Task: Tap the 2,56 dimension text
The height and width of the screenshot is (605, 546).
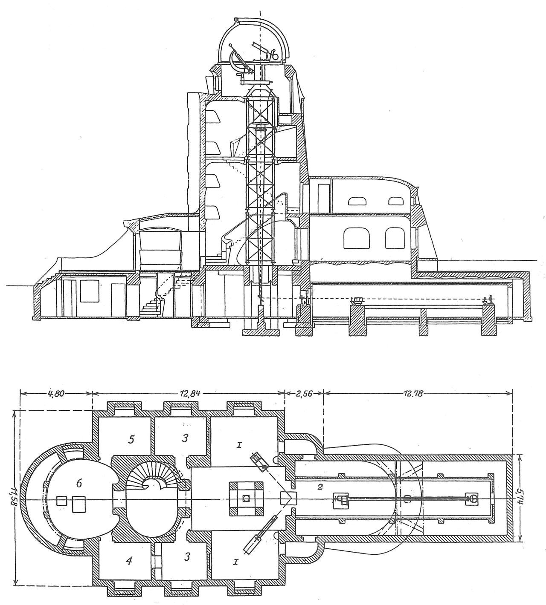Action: point(303,393)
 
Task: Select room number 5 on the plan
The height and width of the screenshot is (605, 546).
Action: point(131,439)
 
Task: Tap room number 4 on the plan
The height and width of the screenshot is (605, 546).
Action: point(129,561)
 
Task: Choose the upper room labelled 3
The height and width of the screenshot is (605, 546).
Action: point(183,439)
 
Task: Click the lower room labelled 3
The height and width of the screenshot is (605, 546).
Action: point(183,561)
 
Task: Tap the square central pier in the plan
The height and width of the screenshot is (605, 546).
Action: point(246,498)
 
